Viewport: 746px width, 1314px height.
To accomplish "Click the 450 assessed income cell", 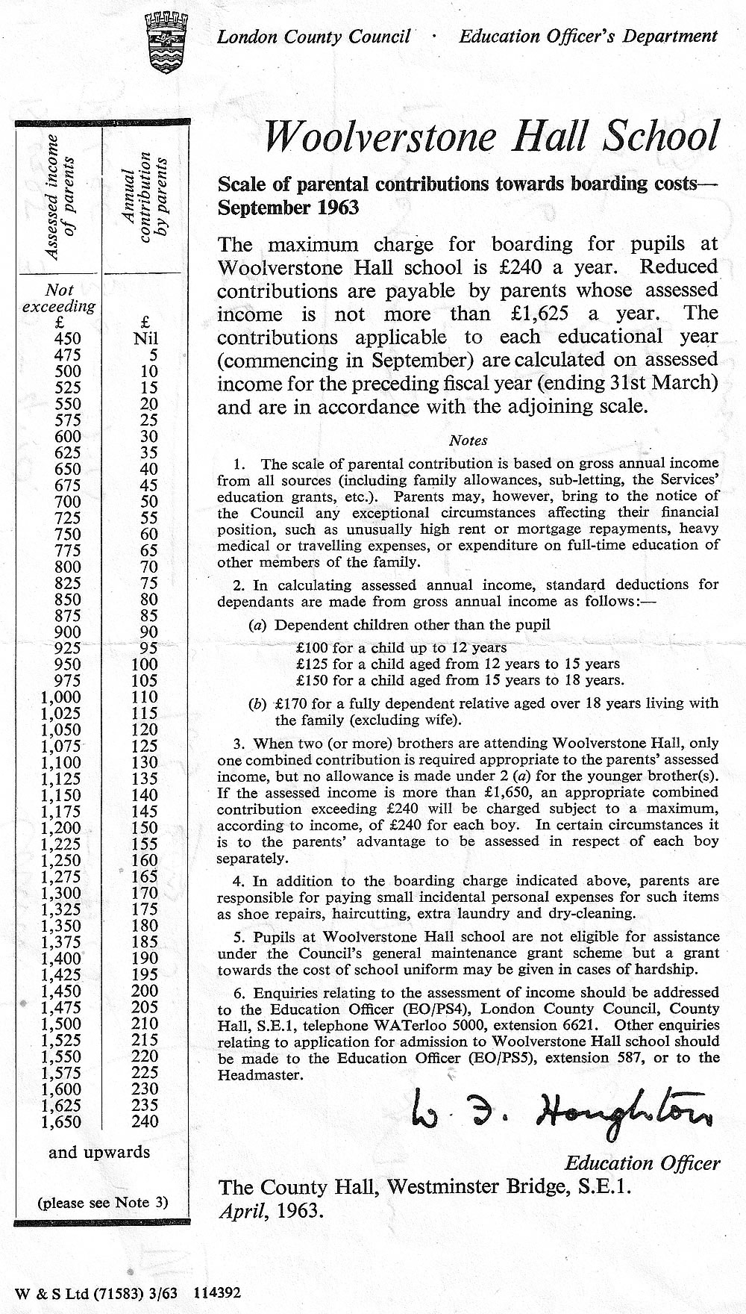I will [x=68, y=339].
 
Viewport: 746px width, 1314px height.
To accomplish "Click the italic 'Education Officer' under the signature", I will [x=642, y=1162].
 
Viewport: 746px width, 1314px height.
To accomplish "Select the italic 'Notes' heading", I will [x=468, y=441].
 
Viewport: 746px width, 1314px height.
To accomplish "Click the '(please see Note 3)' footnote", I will [x=103, y=1202].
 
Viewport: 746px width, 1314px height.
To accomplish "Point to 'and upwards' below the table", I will [x=99, y=1152].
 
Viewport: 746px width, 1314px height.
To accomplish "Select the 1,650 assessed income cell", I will [x=62, y=1121].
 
